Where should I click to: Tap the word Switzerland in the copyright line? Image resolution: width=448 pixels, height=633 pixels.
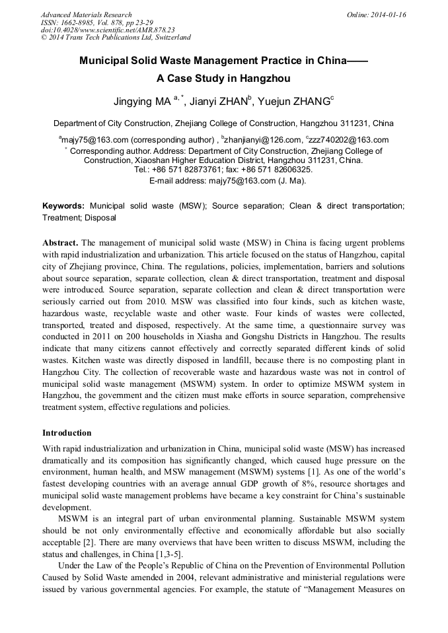point(170,38)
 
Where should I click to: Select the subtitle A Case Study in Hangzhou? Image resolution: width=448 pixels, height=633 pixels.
point(223,78)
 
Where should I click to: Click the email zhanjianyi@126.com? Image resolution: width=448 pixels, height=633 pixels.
point(262,139)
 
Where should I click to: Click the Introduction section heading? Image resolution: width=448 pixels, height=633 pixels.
point(67,433)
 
